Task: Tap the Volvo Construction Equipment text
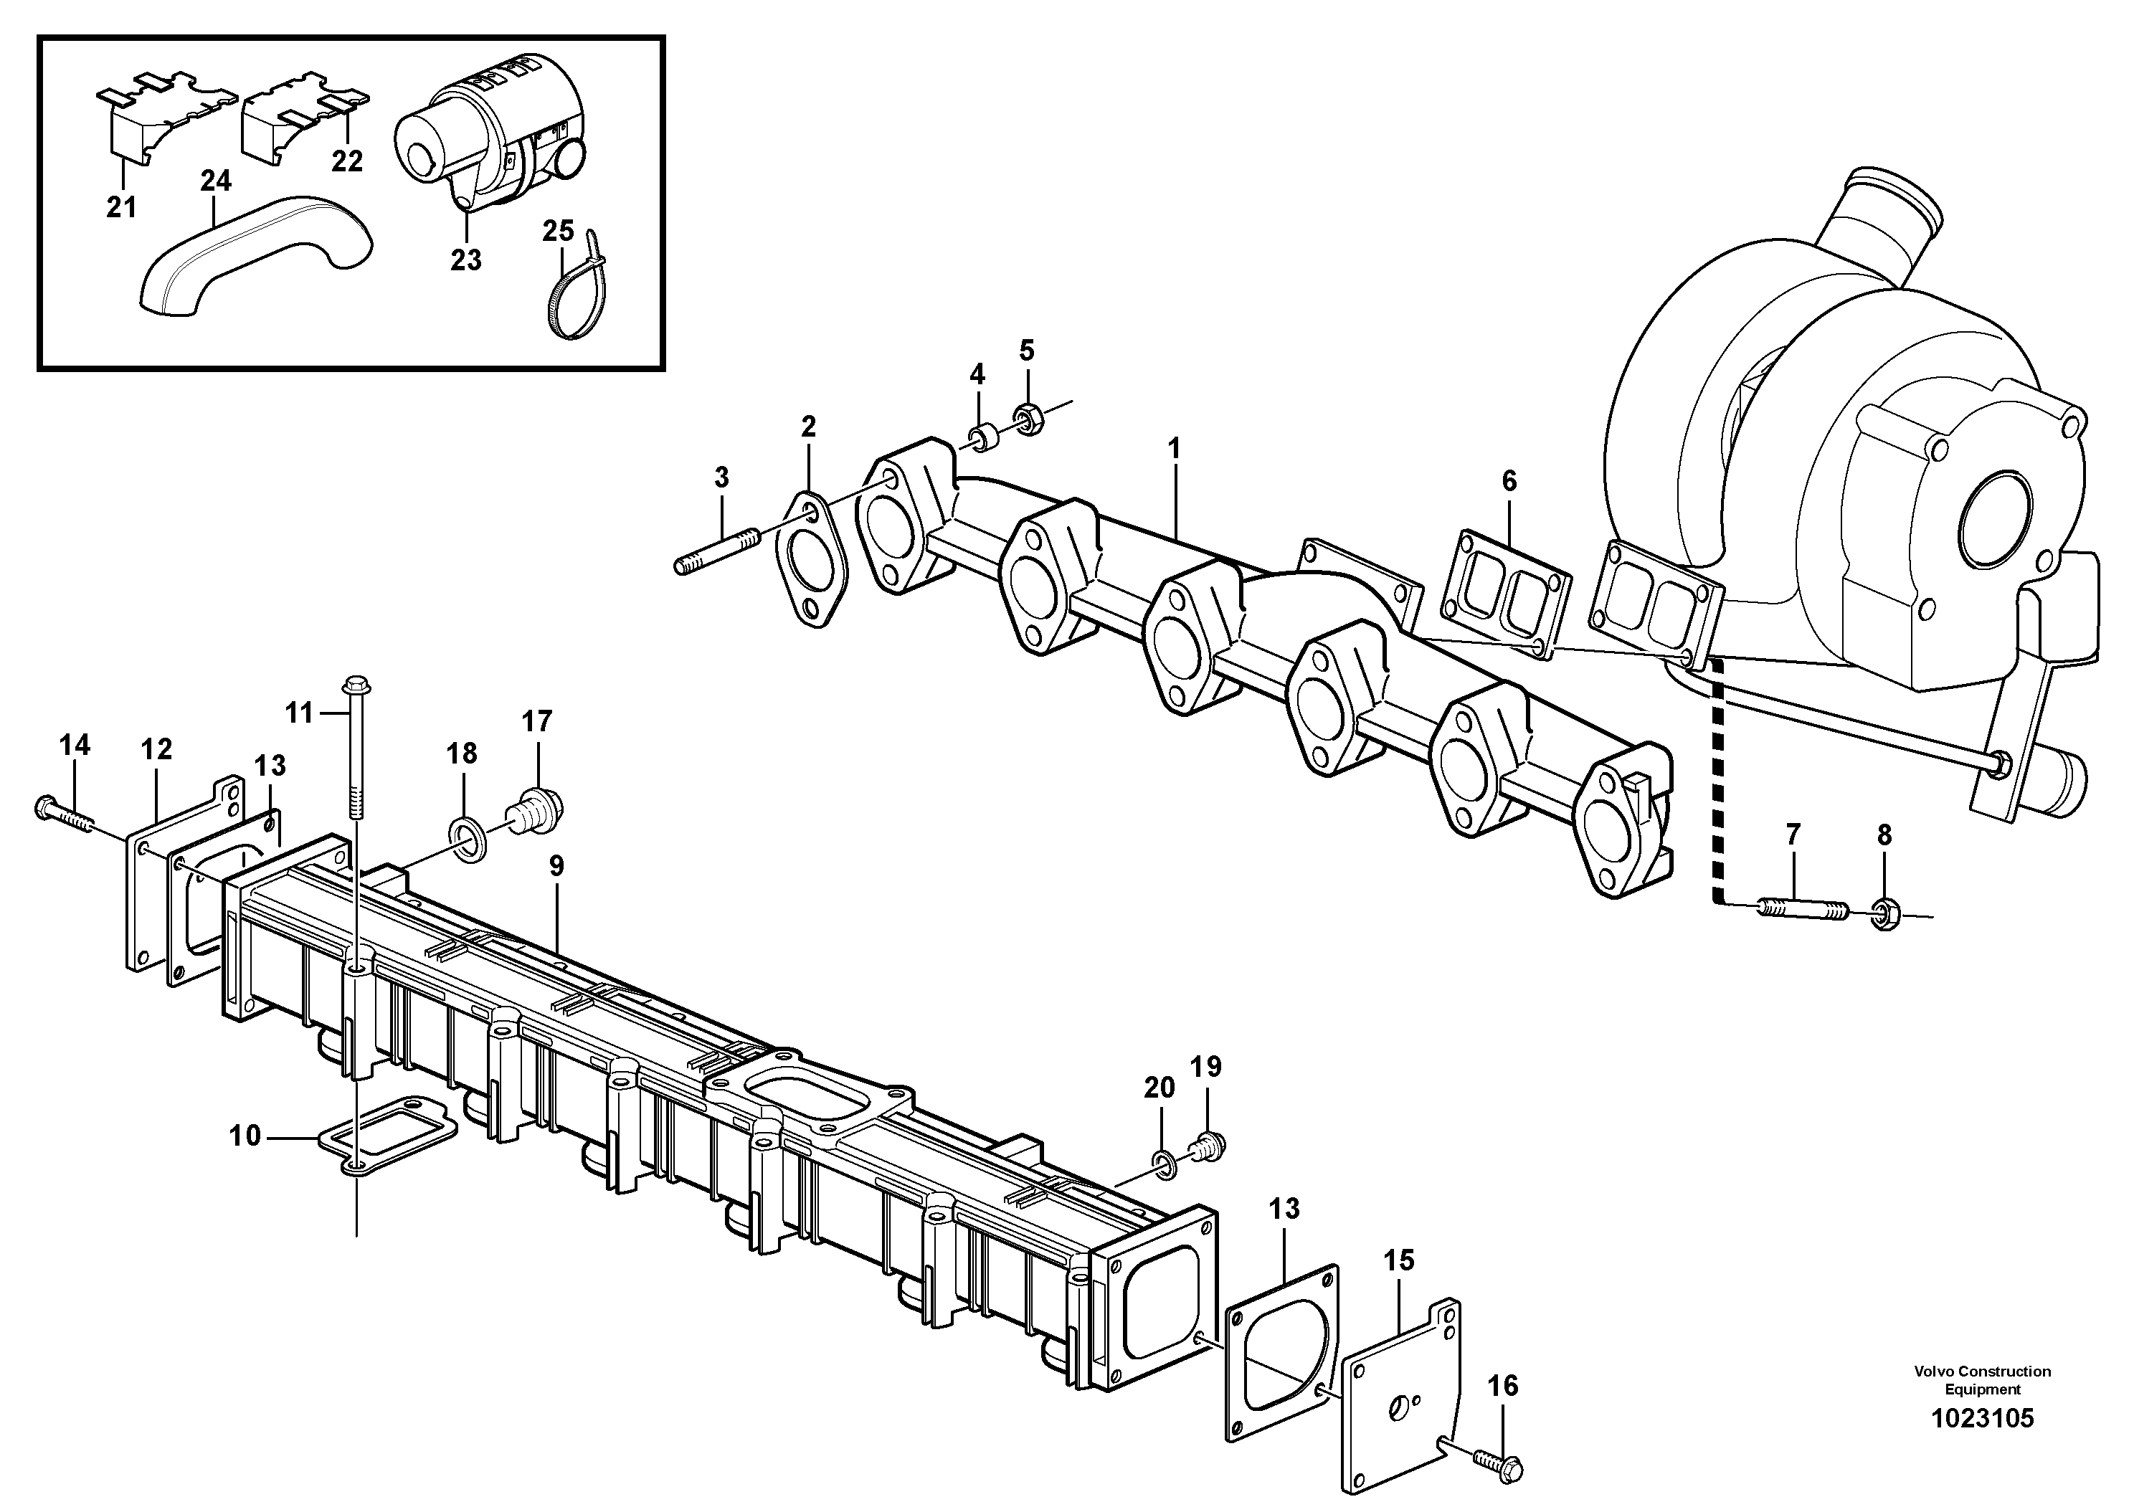(x=1981, y=1379)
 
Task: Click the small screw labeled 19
(x=1208, y=1146)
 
